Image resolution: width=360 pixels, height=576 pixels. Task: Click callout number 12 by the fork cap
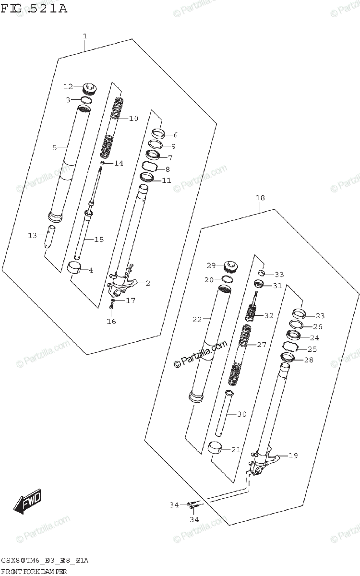pos(68,86)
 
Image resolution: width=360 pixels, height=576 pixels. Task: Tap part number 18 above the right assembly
pos(260,198)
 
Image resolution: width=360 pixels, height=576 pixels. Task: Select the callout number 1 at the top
pos(84,36)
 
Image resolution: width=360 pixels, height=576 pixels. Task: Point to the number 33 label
pos(279,275)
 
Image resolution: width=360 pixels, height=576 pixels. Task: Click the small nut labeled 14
pos(102,163)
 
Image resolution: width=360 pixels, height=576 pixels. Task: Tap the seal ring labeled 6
pos(157,133)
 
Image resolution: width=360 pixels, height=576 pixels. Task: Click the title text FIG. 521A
pos(34,8)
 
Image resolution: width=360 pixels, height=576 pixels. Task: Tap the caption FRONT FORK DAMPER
pos(33,571)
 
